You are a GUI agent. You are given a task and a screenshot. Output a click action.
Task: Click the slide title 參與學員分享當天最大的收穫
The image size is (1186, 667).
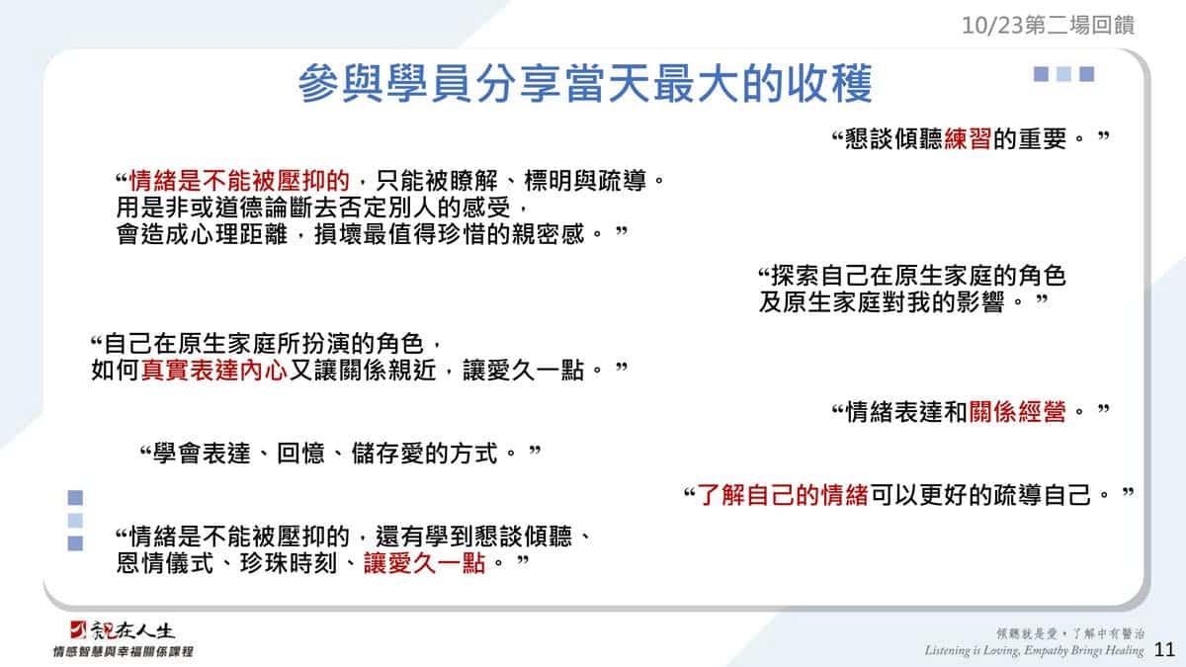click(x=585, y=83)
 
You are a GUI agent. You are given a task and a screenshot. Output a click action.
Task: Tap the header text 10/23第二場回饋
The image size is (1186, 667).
click(x=1048, y=25)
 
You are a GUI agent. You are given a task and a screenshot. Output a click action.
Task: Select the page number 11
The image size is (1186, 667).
click(x=1164, y=649)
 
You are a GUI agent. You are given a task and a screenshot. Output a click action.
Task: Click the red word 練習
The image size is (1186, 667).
click(x=968, y=138)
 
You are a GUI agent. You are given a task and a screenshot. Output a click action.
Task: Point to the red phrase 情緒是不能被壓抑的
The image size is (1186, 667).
click(x=239, y=181)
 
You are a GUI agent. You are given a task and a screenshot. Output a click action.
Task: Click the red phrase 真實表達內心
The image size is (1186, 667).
click(x=214, y=370)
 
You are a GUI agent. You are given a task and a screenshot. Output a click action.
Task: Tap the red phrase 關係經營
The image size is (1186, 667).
click(x=1017, y=411)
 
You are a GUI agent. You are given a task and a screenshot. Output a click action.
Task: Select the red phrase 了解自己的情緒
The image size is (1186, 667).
click(x=783, y=495)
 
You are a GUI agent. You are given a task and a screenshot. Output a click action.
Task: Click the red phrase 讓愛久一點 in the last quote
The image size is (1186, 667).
click(x=425, y=562)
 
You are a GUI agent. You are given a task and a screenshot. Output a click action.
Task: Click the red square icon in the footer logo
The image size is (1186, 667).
click(x=78, y=629)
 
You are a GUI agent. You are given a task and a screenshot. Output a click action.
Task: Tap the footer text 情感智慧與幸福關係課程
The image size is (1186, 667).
click(x=123, y=651)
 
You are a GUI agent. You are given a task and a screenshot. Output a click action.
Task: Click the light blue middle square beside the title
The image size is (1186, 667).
click(x=1063, y=74)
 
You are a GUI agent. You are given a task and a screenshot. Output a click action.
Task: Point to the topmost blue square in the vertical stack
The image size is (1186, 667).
click(x=75, y=497)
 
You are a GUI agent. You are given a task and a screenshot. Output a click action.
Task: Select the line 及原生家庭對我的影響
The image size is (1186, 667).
click(x=882, y=302)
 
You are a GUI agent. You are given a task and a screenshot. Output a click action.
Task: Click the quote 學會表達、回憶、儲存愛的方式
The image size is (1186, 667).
click(x=325, y=454)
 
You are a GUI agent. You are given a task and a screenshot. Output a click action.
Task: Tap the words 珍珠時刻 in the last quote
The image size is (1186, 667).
click(x=288, y=562)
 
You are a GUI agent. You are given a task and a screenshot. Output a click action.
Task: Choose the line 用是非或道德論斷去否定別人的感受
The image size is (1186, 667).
click(x=313, y=207)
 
